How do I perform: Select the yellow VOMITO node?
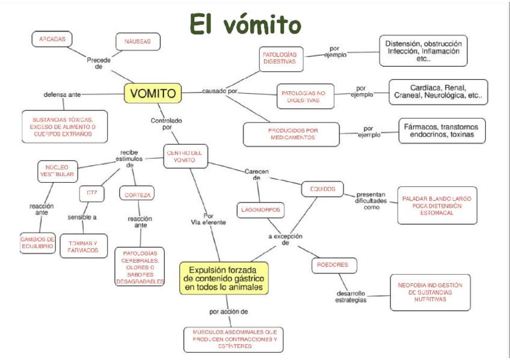[x=153, y=93]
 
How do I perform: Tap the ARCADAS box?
[x=52, y=39]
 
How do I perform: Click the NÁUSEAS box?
[x=137, y=41]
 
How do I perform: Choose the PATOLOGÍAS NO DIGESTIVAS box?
[x=305, y=96]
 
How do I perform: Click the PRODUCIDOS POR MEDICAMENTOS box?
[x=291, y=133]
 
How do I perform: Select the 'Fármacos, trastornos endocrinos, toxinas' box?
[x=442, y=130]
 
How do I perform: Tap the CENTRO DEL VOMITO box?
[x=186, y=156]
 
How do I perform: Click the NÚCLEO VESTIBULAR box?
[x=57, y=170]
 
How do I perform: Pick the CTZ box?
[x=91, y=194]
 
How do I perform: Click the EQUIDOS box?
[x=322, y=188]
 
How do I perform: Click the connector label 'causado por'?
[x=220, y=91]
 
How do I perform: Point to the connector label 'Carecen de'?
[x=256, y=174]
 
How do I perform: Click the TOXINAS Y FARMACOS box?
[x=84, y=246]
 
